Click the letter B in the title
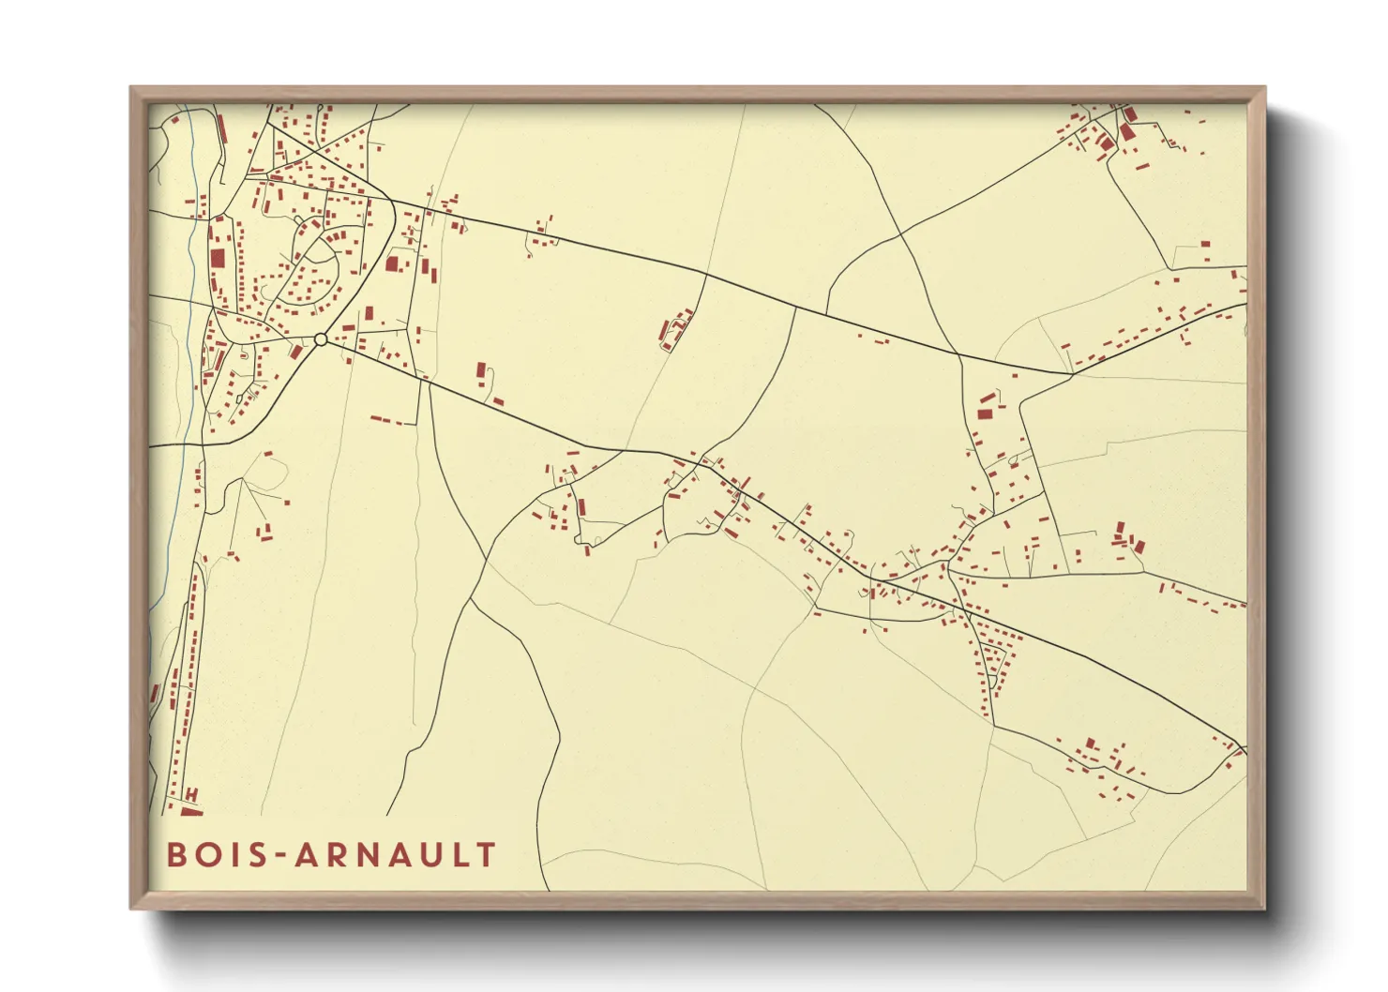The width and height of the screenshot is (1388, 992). tap(175, 855)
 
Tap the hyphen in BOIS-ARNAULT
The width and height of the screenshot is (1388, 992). tap(279, 856)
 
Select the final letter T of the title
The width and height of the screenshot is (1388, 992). tap(486, 855)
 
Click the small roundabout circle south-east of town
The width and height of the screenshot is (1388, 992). tap(321, 339)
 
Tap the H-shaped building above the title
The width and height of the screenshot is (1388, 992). tap(191, 796)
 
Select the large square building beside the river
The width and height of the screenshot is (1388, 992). tap(218, 259)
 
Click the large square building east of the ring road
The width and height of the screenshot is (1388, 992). tap(392, 263)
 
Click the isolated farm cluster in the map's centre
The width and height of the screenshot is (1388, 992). tap(675, 330)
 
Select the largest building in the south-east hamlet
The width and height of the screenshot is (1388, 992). tap(1090, 744)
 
